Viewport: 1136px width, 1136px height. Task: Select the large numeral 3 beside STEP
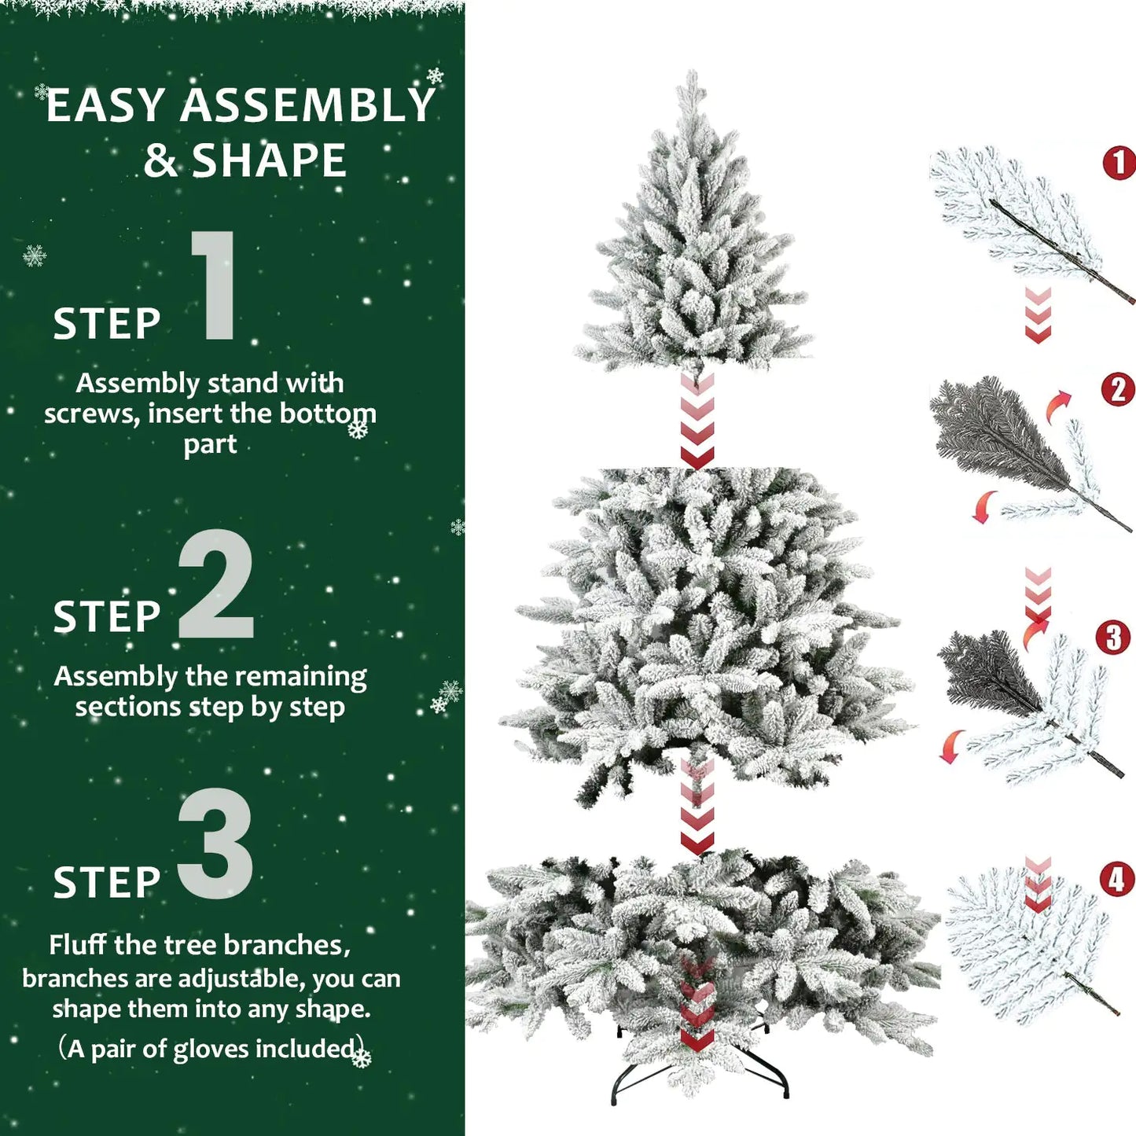215,844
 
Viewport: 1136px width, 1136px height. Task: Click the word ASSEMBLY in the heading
307,106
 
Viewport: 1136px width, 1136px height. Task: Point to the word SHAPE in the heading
269,161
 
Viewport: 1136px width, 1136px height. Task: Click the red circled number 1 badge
1119,163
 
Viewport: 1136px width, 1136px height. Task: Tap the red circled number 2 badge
1118,390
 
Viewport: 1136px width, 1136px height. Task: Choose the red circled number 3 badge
1113,638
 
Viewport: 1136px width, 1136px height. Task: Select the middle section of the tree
704,621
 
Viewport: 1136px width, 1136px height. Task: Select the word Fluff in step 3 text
78,945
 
